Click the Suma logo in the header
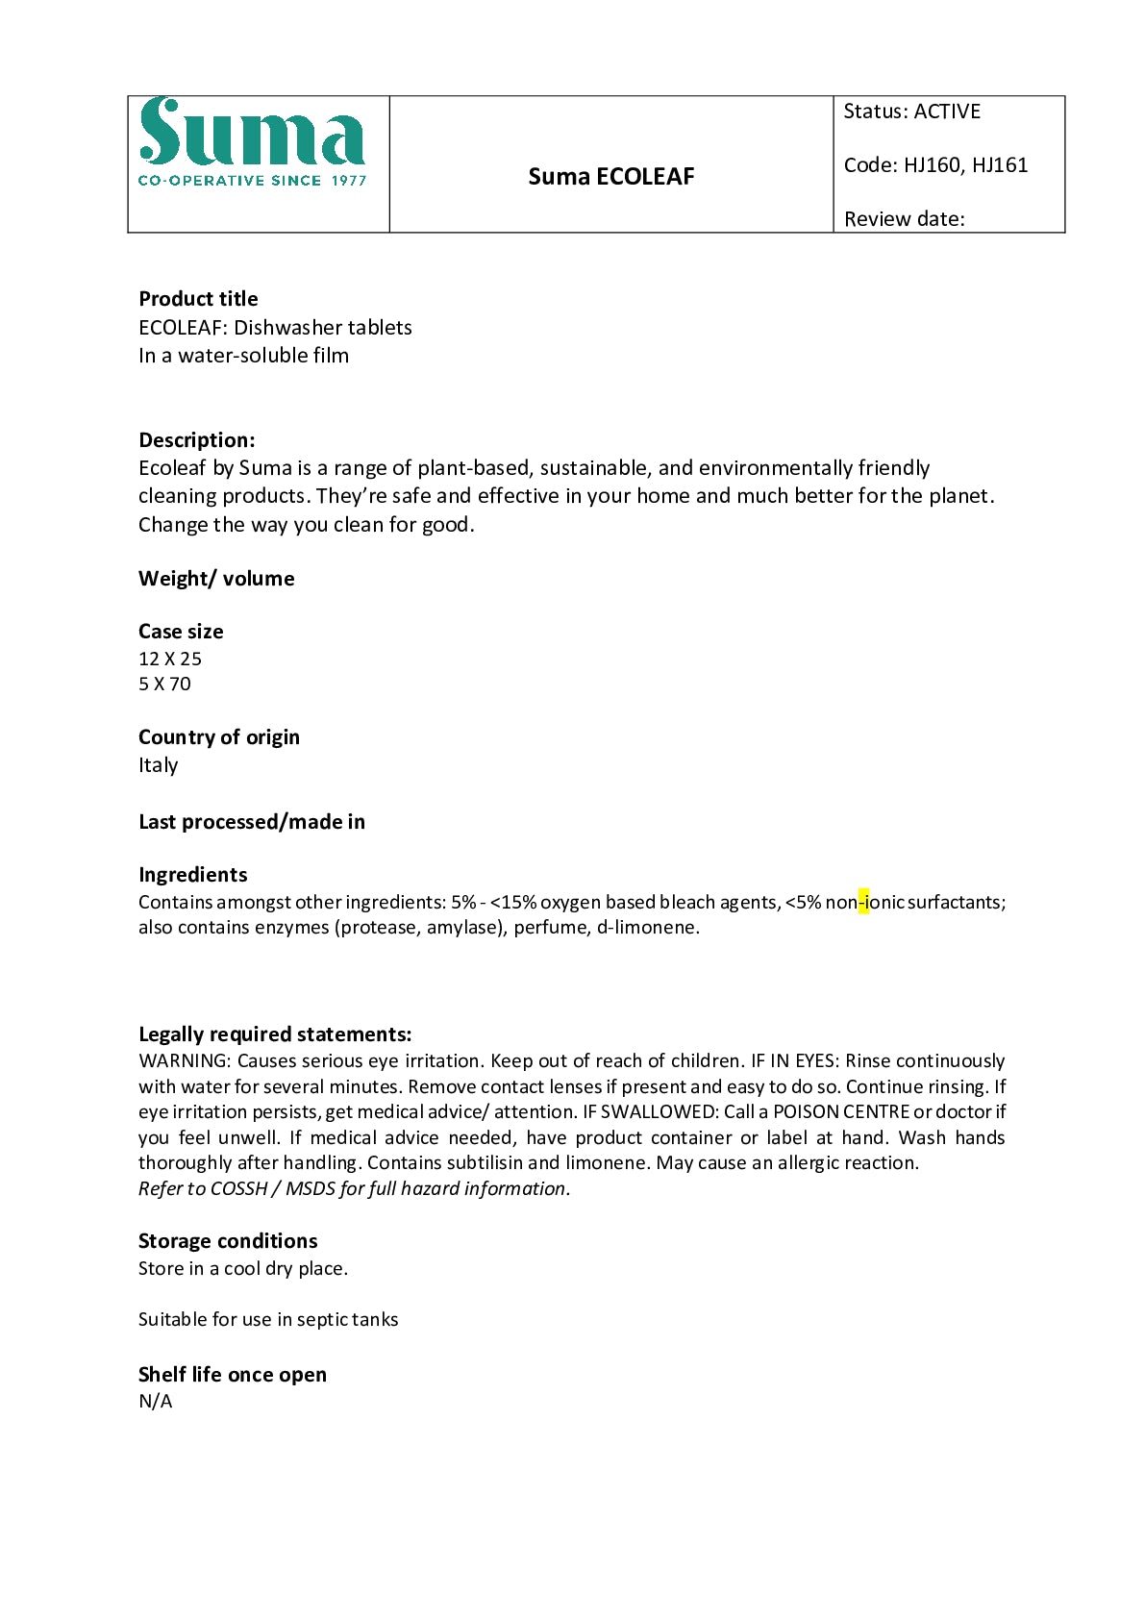[252, 142]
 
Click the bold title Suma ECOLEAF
[610, 177]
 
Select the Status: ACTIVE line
[911, 112]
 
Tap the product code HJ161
[1000, 165]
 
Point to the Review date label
[904, 219]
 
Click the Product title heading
[198, 299]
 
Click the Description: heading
[197, 440]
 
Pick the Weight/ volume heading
[216, 579]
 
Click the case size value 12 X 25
[170, 660]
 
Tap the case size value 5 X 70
[164, 685]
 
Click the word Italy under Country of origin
[158, 765]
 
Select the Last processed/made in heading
[252, 822]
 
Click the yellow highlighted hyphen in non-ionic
[863, 903]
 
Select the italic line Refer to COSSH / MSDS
[354, 1189]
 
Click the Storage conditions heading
[228, 1241]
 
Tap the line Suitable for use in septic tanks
[268, 1320]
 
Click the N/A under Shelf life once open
[156, 1402]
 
